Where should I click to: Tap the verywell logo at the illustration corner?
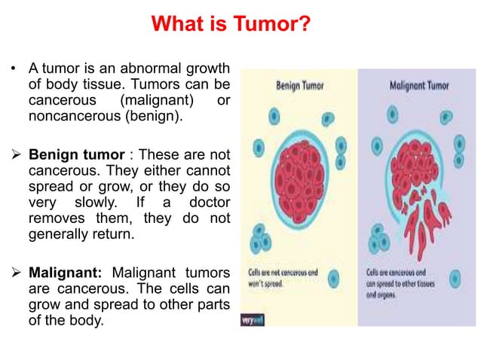click(x=252, y=320)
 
